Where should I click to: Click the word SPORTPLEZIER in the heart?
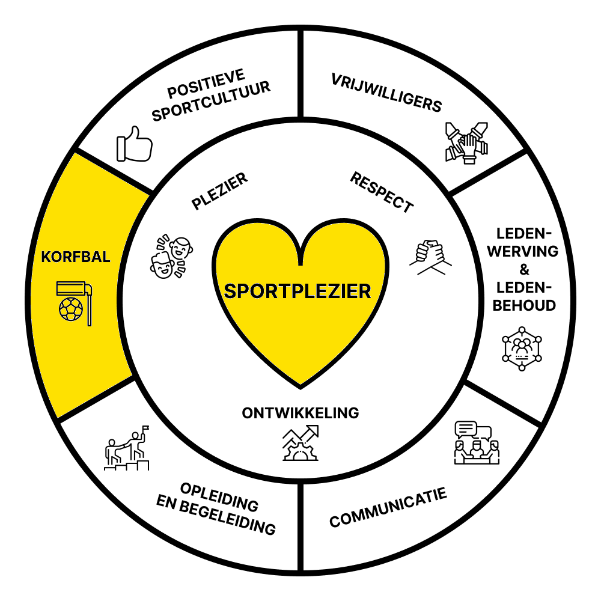coord(297,291)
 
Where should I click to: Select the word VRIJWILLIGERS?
coord(386,93)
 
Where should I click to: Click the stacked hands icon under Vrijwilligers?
coord(464,142)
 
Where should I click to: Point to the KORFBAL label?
coord(76,257)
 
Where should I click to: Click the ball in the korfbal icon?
coord(70,310)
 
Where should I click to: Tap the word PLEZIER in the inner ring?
coord(220,191)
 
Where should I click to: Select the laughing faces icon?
coord(171,256)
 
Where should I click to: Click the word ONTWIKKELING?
coord(300,413)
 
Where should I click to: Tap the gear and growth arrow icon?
coord(300,442)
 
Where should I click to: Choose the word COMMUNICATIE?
coord(388,508)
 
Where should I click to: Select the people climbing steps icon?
coord(127,448)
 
